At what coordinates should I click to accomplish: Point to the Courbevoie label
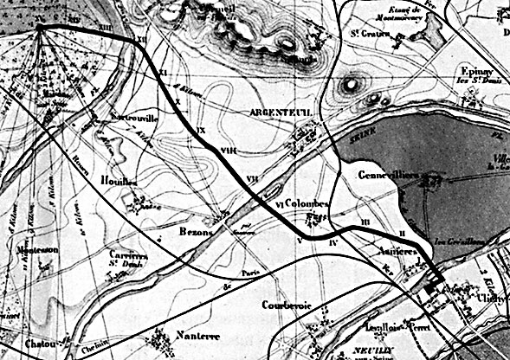284,305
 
